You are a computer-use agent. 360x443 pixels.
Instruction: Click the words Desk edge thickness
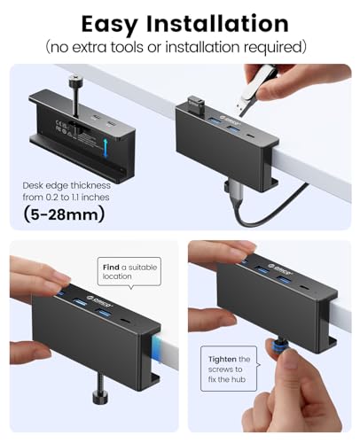64,186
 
